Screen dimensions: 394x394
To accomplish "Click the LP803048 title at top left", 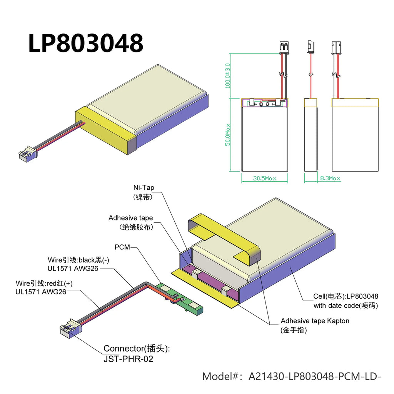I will [85, 43].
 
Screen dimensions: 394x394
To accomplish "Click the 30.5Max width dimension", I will [264, 179].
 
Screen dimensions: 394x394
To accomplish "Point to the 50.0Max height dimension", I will [228, 135].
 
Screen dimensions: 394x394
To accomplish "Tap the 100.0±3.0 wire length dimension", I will [228, 76].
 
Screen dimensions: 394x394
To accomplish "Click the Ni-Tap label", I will [144, 188].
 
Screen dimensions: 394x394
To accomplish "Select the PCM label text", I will [122, 247].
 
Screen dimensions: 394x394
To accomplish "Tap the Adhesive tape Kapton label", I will [315, 321].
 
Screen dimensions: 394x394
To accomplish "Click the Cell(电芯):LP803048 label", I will [346, 297].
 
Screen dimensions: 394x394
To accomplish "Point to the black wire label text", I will [78, 260].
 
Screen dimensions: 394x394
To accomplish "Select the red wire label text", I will [44, 284].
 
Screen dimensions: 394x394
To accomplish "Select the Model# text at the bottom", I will [291, 376].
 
